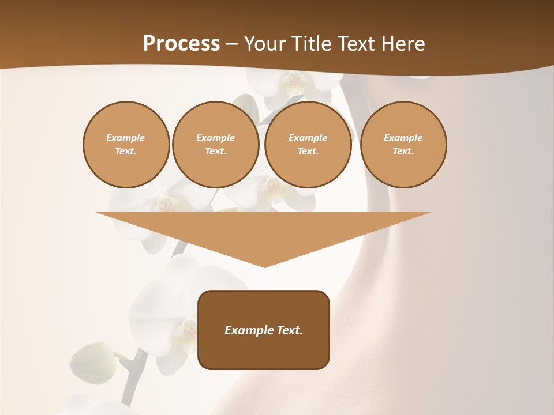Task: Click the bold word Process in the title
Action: pyautogui.click(x=181, y=44)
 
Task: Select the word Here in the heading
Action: pyautogui.click(x=403, y=44)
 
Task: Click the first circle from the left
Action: pyautogui.click(x=126, y=145)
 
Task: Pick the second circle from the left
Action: pyautogui.click(x=216, y=145)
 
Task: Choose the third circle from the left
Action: pyautogui.click(x=308, y=145)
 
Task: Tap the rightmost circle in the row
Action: pyautogui.click(x=403, y=145)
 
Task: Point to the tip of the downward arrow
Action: pyautogui.click(x=264, y=266)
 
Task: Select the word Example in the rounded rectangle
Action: pyautogui.click(x=248, y=330)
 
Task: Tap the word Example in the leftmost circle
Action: pyautogui.click(x=126, y=138)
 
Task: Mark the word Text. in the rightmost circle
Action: pyautogui.click(x=403, y=152)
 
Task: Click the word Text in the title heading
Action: pyautogui.click(x=358, y=44)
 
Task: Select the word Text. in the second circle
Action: pyautogui.click(x=216, y=152)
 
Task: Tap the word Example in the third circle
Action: pyautogui.click(x=308, y=138)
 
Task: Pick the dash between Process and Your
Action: pyautogui.click(x=231, y=44)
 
